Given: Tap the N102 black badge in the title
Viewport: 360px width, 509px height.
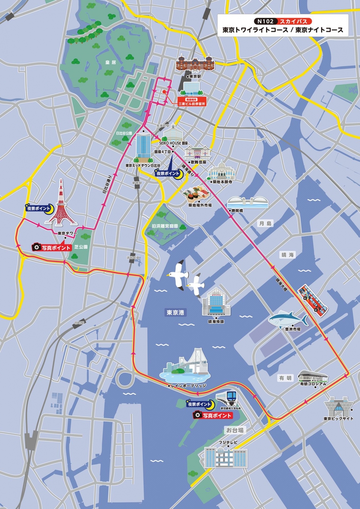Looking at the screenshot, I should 265,21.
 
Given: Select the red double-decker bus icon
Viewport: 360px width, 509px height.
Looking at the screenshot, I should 313,299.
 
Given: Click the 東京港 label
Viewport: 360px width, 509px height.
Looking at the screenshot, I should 175,312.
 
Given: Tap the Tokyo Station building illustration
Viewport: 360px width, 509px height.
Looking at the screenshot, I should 195,63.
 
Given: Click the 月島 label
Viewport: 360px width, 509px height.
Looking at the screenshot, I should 265,224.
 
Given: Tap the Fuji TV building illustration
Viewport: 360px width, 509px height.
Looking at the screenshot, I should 226,458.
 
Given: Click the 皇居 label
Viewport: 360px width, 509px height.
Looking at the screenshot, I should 111,62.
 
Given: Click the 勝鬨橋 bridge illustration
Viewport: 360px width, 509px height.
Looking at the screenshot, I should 248,202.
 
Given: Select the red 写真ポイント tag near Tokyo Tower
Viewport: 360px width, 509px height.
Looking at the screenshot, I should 52,248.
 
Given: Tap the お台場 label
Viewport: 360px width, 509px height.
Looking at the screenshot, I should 235,430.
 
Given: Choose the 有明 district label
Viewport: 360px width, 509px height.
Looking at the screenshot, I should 285,378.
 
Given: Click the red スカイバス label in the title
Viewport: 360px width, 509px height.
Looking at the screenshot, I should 294,21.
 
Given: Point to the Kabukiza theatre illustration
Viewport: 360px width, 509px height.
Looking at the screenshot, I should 198,153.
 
